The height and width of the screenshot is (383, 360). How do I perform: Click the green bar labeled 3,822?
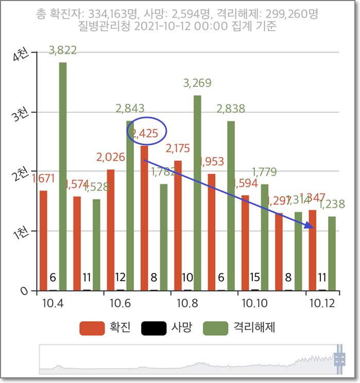click(x=63, y=176)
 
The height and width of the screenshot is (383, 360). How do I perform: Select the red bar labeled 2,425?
click(x=144, y=218)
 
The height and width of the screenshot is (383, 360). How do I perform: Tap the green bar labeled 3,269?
click(x=197, y=193)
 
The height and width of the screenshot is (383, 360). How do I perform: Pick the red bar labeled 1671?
click(x=43, y=240)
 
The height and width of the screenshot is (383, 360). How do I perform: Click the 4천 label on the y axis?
click(x=22, y=55)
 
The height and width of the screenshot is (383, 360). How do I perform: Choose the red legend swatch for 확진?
click(x=92, y=327)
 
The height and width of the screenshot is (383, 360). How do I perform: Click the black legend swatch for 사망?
click(x=153, y=327)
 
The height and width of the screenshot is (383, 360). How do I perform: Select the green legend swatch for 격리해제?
click(x=215, y=327)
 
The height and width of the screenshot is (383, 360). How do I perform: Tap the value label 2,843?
click(x=130, y=109)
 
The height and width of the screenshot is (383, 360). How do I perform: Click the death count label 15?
click(x=254, y=277)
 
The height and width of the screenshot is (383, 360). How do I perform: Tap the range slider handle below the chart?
click(x=339, y=359)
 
